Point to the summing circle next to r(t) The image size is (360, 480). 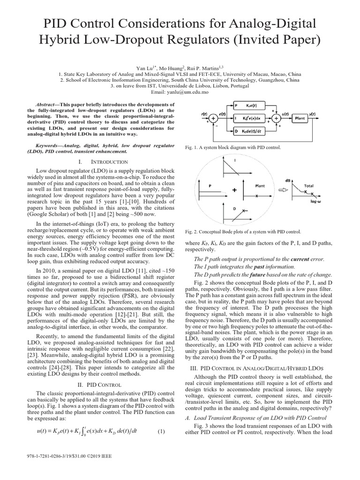coord(214,119)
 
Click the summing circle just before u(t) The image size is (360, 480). coord(277,119)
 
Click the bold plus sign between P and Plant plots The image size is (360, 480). coord(235,190)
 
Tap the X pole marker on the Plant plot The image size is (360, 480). coord(256,196)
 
